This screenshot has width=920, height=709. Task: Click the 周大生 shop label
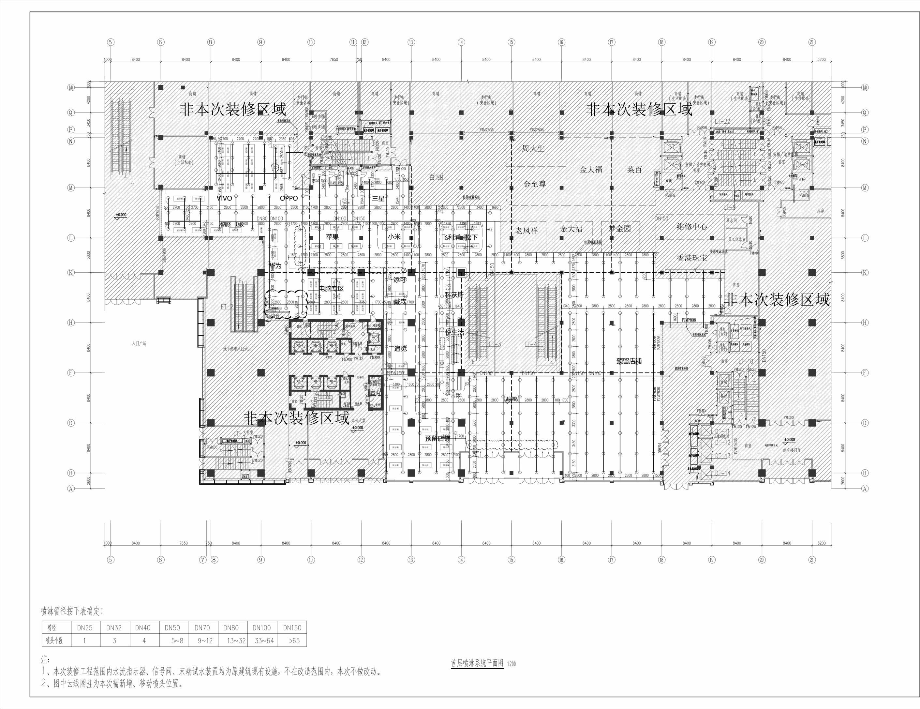(x=533, y=148)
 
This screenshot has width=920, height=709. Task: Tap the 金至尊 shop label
(x=535, y=184)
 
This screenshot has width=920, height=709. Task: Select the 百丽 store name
(x=436, y=177)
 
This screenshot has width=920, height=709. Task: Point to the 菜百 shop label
(x=634, y=169)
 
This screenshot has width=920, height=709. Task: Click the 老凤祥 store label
(x=527, y=231)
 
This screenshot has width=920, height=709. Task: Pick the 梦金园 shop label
(x=620, y=229)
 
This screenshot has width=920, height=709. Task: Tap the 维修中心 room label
(x=692, y=226)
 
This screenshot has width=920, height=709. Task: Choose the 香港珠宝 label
(x=692, y=258)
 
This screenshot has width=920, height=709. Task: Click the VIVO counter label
(x=224, y=198)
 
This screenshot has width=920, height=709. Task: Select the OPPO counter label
(x=289, y=198)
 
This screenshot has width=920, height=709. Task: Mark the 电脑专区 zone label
(x=331, y=289)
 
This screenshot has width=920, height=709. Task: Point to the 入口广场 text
(x=139, y=344)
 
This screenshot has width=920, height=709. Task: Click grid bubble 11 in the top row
(x=353, y=42)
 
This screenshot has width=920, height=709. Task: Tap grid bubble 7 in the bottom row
(x=203, y=560)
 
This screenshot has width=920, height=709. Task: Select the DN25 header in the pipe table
(x=85, y=628)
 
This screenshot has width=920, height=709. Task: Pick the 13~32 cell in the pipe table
(x=231, y=641)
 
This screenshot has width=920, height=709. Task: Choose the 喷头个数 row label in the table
(x=54, y=641)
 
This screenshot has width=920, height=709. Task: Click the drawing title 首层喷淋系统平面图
(x=477, y=663)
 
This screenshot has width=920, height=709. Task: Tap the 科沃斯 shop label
(x=454, y=295)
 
